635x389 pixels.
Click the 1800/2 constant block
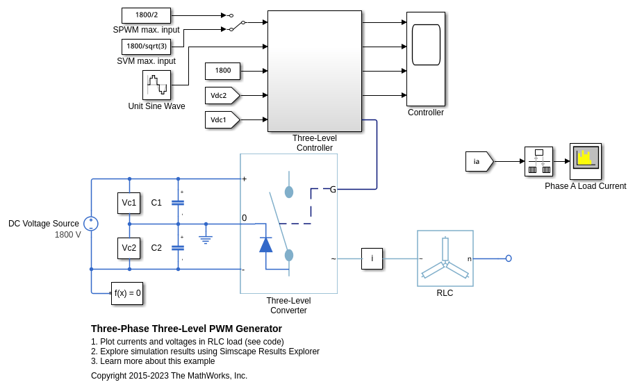[146, 15]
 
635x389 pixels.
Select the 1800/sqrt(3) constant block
[146, 47]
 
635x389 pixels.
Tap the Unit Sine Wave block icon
[156, 85]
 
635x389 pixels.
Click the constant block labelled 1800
[222, 71]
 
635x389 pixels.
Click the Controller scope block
[425, 58]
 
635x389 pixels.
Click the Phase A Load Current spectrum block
[585, 161]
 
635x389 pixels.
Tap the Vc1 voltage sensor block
[129, 203]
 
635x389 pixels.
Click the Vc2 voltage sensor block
[129, 248]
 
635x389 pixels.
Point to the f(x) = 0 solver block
[127, 293]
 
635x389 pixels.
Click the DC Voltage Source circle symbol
[91, 224]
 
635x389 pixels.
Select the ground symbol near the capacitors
[206, 238]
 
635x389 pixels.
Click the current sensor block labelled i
[372, 258]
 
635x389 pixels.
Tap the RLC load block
[445, 258]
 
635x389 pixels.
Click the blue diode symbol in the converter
[265, 245]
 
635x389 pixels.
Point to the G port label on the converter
[333, 189]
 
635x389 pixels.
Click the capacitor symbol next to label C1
[178, 203]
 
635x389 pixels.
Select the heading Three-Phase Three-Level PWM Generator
[186, 329]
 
